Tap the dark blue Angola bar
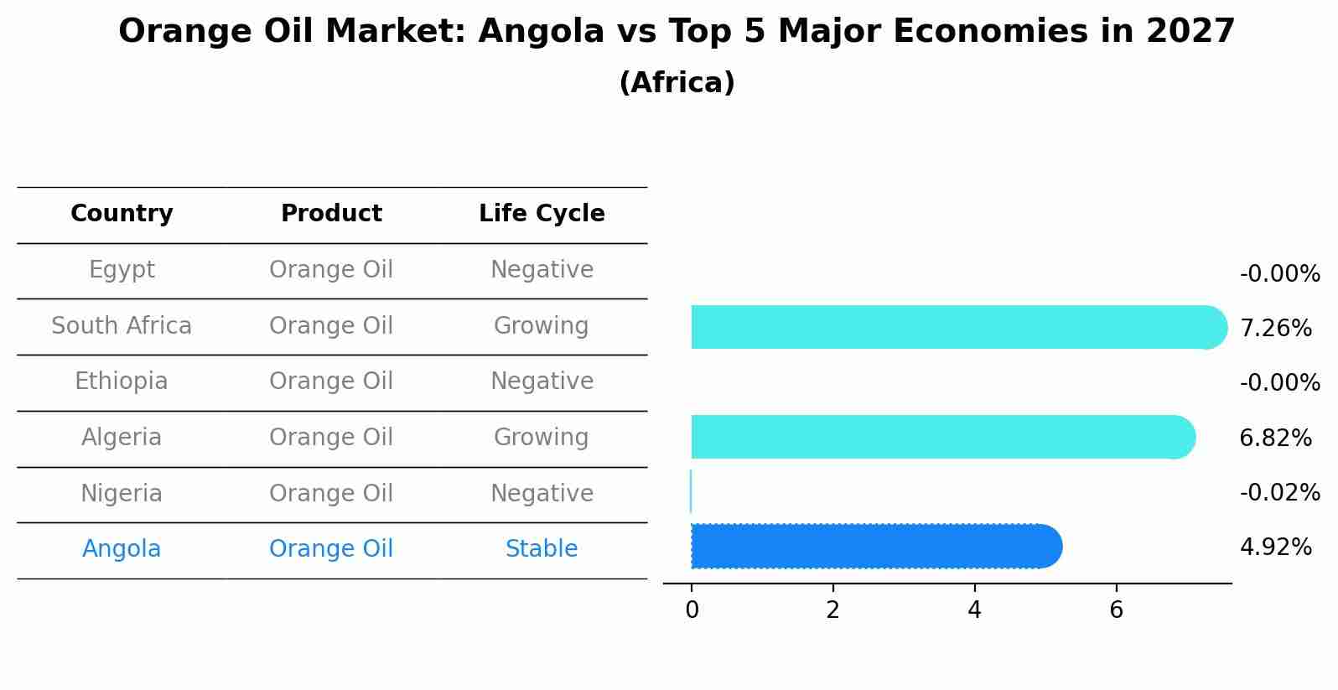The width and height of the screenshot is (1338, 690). pos(872,547)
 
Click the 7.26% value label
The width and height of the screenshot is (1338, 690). pos(1275,328)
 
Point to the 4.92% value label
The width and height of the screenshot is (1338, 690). pos(1275,547)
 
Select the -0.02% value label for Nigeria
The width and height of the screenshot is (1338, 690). pos(1279,492)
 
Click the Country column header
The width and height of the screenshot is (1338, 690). pos(122,214)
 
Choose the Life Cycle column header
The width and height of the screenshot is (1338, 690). pos(542,214)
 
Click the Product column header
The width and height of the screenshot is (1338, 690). pos(331,214)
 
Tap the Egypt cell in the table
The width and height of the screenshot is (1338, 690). pos(122,270)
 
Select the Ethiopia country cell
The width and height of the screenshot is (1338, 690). pos(122,381)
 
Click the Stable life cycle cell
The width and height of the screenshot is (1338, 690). pos(542,549)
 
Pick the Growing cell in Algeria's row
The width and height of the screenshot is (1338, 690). pos(542,438)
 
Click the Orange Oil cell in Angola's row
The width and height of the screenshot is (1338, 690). pos(331,549)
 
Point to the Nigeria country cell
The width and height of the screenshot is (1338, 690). pos(122,493)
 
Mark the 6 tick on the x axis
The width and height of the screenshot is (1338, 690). pos(1116,610)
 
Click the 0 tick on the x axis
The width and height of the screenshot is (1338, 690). pos(692,610)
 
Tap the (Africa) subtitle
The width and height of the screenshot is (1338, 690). pos(677,83)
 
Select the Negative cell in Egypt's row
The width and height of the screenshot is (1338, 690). pos(542,270)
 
